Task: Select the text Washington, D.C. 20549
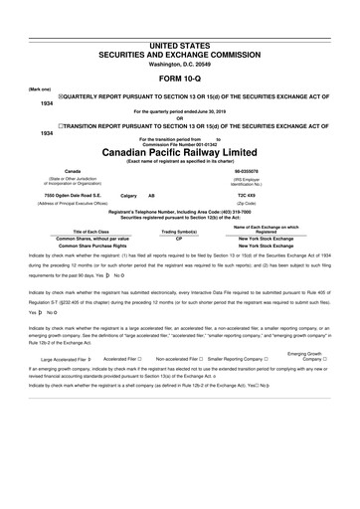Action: pyautogui.click(x=179, y=36)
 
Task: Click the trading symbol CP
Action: pyautogui.click(x=179, y=240)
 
